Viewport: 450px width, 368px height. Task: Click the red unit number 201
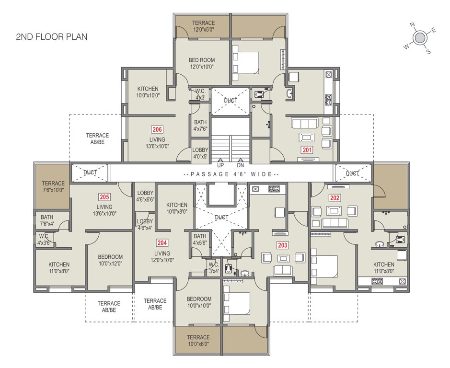coord(307,150)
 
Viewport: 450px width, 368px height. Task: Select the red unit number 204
coord(162,243)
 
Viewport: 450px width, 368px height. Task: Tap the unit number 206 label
coord(157,129)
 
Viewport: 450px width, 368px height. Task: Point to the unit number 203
coord(283,245)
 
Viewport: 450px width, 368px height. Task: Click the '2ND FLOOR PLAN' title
coord(52,37)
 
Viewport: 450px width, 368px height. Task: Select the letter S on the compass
coord(428,52)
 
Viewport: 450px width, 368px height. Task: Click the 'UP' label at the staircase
coord(220,165)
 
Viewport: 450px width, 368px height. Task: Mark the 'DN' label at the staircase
coord(240,165)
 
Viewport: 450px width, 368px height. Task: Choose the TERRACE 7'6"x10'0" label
coord(53,187)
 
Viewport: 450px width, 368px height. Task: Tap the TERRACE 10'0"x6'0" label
coord(198,340)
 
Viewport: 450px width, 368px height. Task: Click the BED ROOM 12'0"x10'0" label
coord(202,63)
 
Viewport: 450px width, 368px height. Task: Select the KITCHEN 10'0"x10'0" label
coord(148,92)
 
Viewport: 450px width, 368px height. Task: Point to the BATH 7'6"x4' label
coord(47,220)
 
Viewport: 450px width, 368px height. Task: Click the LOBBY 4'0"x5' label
coord(200,153)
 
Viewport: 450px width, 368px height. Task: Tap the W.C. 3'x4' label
coord(213,268)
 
